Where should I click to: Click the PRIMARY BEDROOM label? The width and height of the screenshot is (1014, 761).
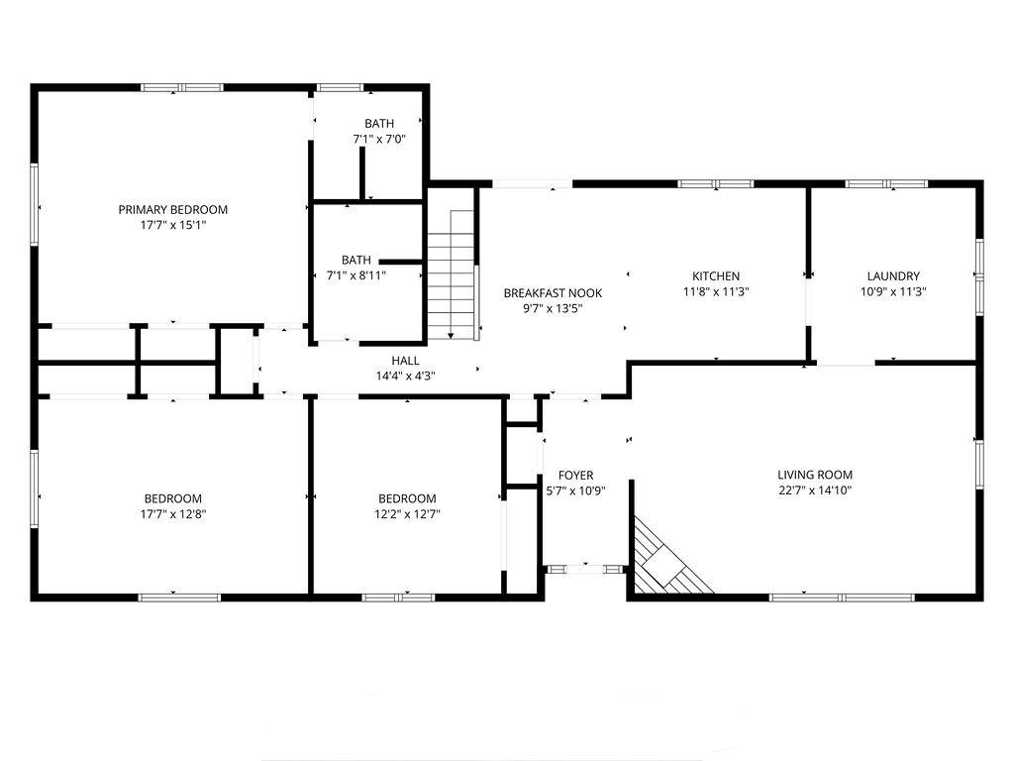click(x=172, y=210)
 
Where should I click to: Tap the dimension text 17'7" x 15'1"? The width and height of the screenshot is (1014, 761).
click(x=172, y=225)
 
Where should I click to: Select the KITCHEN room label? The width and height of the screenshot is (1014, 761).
click(x=716, y=276)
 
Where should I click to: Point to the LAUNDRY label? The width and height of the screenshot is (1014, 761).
click(x=893, y=276)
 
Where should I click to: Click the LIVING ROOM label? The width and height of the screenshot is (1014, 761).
click(x=815, y=475)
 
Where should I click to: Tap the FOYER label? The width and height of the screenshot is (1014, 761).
click(x=575, y=476)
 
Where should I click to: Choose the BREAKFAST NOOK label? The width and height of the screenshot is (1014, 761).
click(x=553, y=293)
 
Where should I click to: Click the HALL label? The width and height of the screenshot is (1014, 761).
click(x=405, y=361)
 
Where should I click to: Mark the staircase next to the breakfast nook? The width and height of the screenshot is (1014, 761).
click(x=452, y=273)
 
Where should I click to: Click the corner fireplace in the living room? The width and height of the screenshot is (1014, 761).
click(x=666, y=560)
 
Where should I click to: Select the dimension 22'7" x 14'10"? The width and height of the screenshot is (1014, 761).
click(x=815, y=490)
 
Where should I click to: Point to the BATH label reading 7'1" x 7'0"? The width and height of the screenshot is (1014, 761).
click(x=379, y=124)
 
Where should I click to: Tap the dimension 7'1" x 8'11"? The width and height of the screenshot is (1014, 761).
click(x=356, y=275)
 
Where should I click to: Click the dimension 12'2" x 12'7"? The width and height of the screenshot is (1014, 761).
click(x=407, y=514)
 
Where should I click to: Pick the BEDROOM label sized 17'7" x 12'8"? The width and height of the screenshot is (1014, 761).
click(x=172, y=499)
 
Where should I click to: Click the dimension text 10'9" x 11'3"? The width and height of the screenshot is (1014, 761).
click(x=893, y=292)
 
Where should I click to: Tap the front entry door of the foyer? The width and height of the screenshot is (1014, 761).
click(x=585, y=570)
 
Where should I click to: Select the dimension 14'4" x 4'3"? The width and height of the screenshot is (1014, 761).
click(x=405, y=376)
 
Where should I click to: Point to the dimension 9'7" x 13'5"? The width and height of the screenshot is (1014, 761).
click(x=553, y=309)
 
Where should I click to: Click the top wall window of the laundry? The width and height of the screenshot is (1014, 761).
click(x=886, y=183)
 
